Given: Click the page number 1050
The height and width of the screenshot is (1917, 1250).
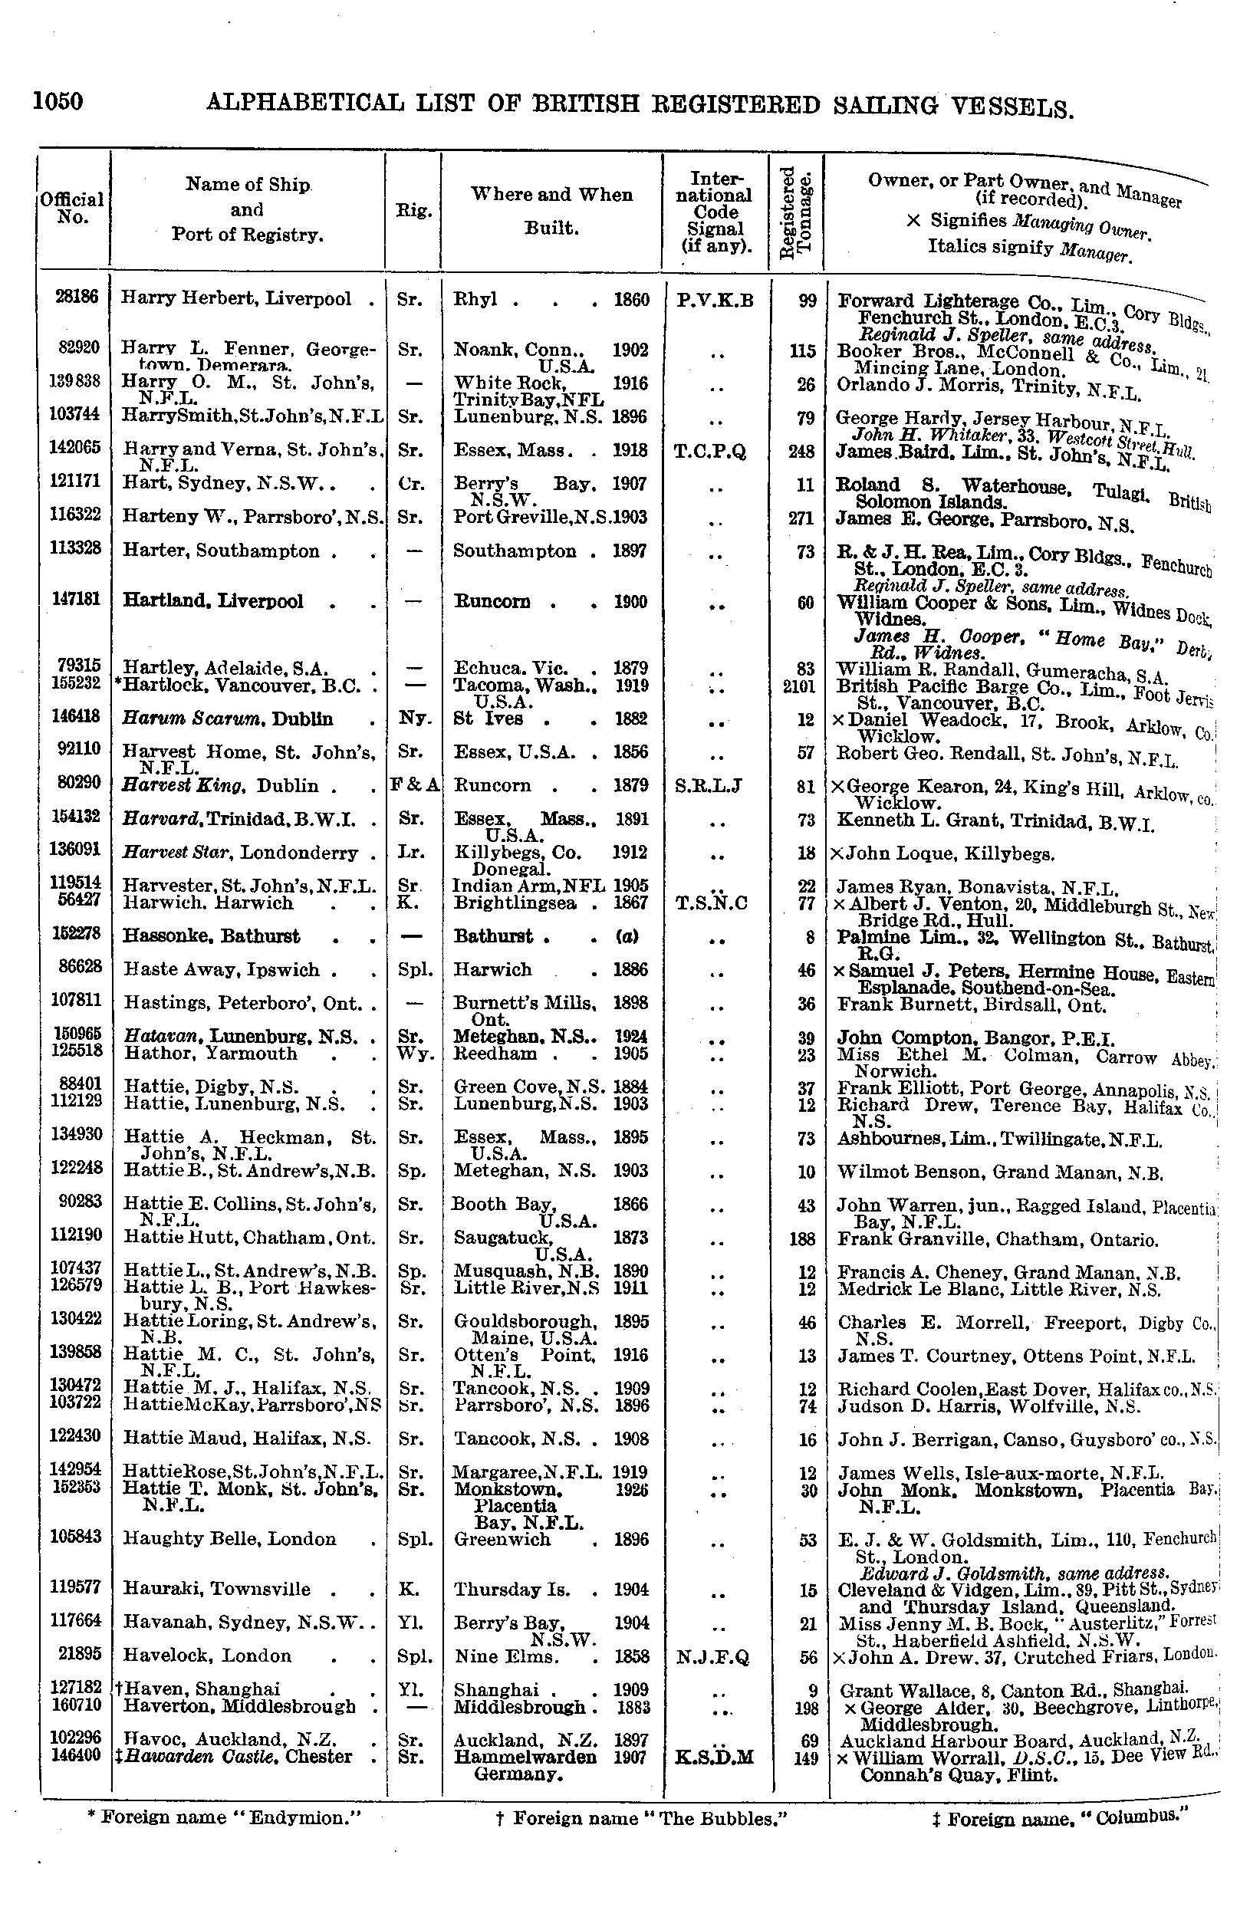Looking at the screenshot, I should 58,102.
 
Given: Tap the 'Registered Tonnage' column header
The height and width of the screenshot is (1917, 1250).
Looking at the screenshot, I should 798,211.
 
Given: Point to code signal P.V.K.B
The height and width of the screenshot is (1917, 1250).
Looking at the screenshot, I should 715,301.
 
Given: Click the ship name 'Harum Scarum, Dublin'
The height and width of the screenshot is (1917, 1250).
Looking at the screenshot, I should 228,719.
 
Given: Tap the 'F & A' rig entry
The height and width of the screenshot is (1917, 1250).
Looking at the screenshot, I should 414,785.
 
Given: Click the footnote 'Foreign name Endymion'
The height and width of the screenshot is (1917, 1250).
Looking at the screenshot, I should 223,1818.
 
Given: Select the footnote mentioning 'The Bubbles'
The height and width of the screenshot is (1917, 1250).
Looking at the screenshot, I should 641,1818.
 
